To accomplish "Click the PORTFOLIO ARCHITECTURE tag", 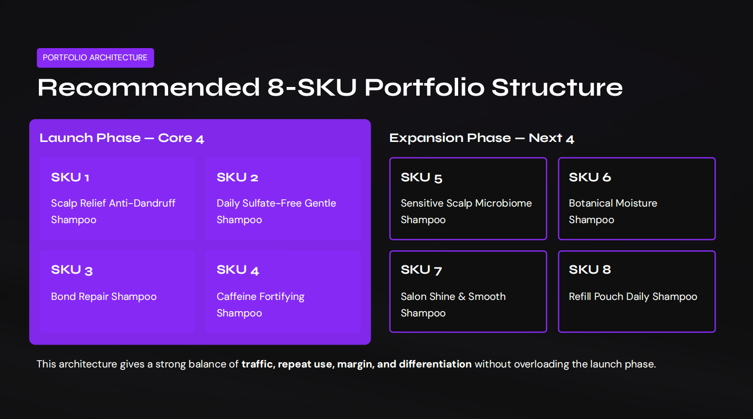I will pyautogui.click(x=95, y=58).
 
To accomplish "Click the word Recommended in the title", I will pyautogui.click(x=149, y=88).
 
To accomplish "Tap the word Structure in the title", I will pyautogui.click(x=557, y=88).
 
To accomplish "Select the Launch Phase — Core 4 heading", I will pyautogui.click(x=121, y=138).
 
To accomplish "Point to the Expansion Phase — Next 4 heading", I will pyautogui.click(x=481, y=138).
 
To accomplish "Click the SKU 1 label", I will pyautogui.click(x=70, y=177).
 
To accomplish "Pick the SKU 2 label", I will pyautogui.click(x=237, y=177).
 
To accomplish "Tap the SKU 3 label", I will pyautogui.click(x=71, y=270).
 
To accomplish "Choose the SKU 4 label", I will pyautogui.click(x=238, y=270).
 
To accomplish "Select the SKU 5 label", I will pyautogui.click(x=421, y=177).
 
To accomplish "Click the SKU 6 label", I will pyautogui.click(x=590, y=177).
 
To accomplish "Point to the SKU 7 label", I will pyautogui.click(x=421, y=270).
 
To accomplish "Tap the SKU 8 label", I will pyautogui.click(x=590, y=270).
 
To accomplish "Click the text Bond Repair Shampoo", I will pyautogui.click(x=103, y=297).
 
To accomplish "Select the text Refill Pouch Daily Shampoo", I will pyautogui.click(x=633, y=297).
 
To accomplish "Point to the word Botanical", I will pyautogui.click(x=589, y=203).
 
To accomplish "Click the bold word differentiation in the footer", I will pyautogui.click(x=435, y=364).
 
